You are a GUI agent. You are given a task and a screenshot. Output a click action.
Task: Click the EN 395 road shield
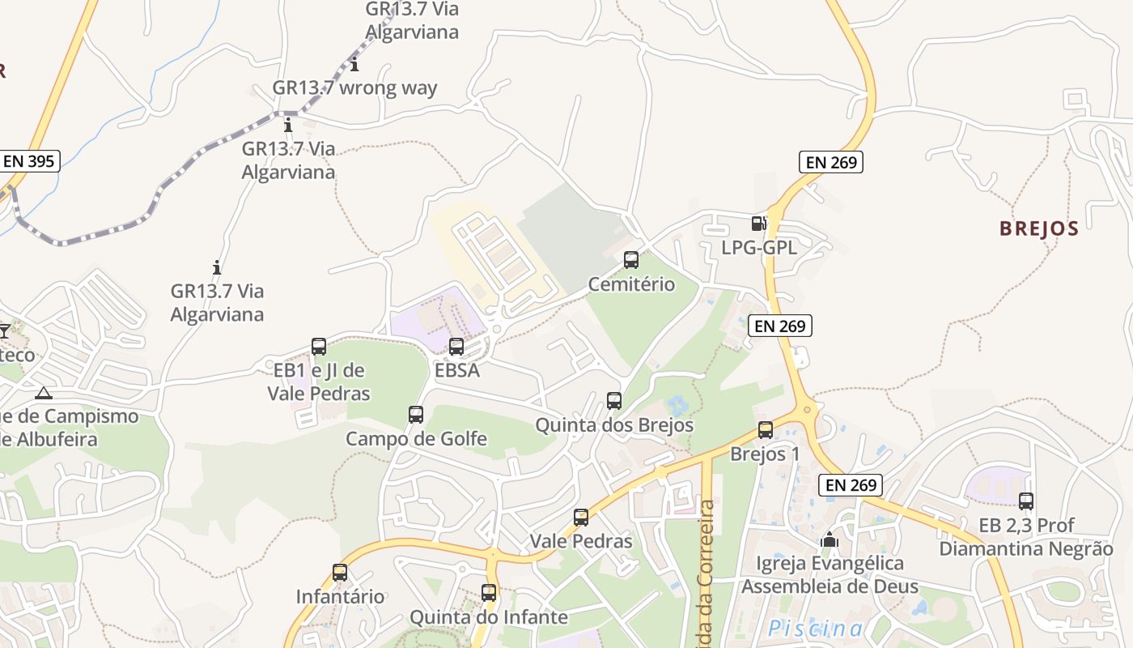tap(29, 161)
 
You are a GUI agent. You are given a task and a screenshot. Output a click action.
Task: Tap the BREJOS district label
tap(1039, 228)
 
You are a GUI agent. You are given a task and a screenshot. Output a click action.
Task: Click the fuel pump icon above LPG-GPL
tap(758, 224)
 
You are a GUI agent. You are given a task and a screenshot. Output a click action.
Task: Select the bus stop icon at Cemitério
tap(631, 260)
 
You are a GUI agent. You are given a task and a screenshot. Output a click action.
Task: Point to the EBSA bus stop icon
tap(456, 347)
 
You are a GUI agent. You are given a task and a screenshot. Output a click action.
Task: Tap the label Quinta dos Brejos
tap(614, 424)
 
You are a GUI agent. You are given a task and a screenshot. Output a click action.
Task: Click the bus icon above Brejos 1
tap(766, 430)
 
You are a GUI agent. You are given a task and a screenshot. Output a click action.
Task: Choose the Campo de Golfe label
tap(416, 439)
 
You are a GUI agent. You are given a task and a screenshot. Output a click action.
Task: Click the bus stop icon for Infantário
tap(340, 573)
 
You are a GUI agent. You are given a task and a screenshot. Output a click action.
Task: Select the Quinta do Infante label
tap(489, 617)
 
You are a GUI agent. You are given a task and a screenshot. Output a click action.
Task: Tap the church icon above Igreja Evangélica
tap(830, 539)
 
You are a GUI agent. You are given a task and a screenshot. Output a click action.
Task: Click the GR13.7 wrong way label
tap(354, 88)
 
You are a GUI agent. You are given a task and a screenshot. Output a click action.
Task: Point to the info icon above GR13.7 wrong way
tap(354, 64)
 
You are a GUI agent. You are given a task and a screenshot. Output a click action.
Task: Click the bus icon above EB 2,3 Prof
tap(1026, 501)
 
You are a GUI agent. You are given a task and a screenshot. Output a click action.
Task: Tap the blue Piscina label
tap(815, 628)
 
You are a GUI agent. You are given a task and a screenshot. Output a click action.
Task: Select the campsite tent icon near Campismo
tap(44, 394)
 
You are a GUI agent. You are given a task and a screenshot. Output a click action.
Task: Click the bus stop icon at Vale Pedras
tap(581, 518)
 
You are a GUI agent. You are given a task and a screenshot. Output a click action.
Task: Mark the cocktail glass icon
tap(5, 330)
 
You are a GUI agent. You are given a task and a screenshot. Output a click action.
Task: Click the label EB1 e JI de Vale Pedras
tap(319, 382)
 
